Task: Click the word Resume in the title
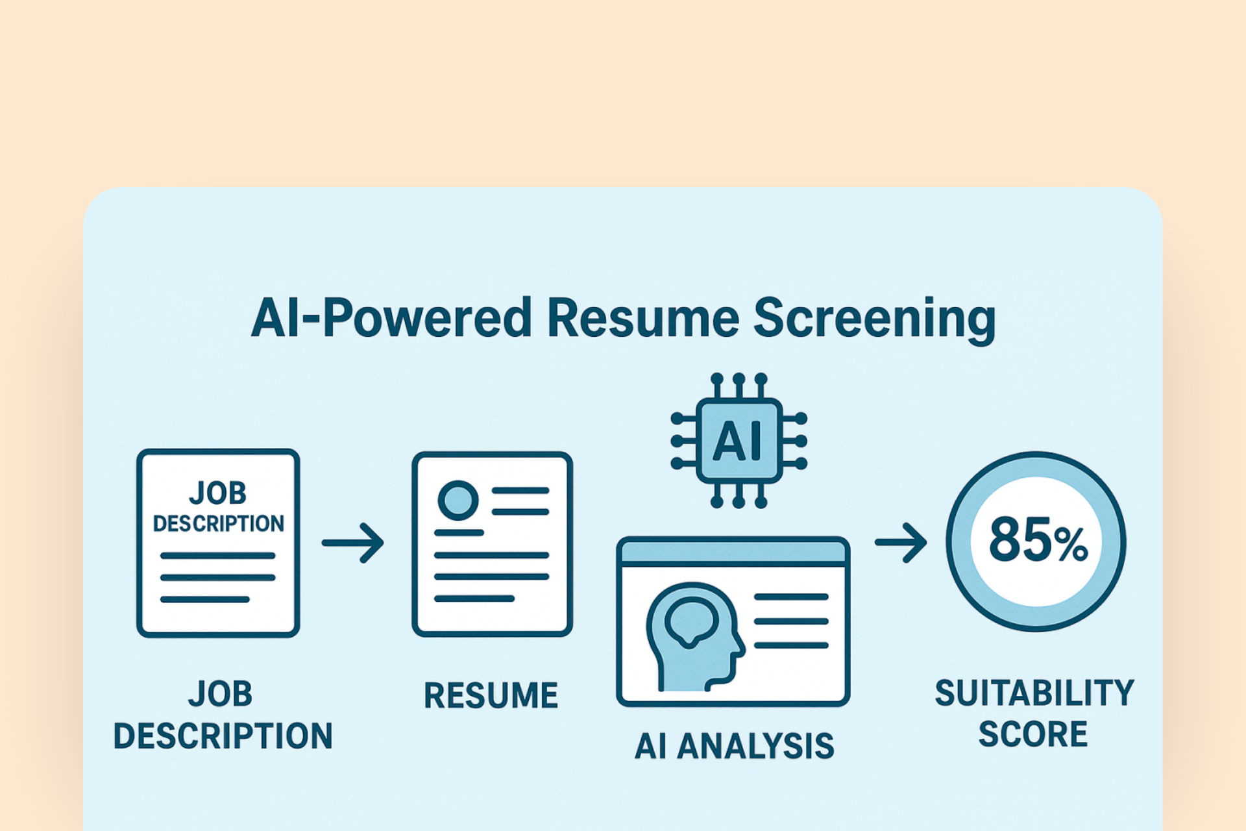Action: [x=642, y=318]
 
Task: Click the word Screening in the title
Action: [x=874, y=318]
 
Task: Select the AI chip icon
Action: [x=739, y=441]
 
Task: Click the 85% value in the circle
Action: [x=1037, y=540]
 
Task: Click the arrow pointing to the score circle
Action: [x=901, y=542]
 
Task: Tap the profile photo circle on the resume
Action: [x=458, y=500]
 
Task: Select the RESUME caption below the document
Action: [x=491, y=696]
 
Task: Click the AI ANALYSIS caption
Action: [x=734, y=746]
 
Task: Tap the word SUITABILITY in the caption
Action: [x=1034, y=693]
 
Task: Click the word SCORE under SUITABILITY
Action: [x=1032, y=734]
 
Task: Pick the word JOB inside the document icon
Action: [x=218, y=493]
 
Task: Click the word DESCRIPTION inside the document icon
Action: [x=218, y=523]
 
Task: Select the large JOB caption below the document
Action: [x=221, y=694]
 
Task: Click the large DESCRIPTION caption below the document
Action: [x=223, y=736]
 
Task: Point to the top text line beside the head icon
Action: [x=791, y=597]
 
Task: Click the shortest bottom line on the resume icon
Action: [x=474, y=598]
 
